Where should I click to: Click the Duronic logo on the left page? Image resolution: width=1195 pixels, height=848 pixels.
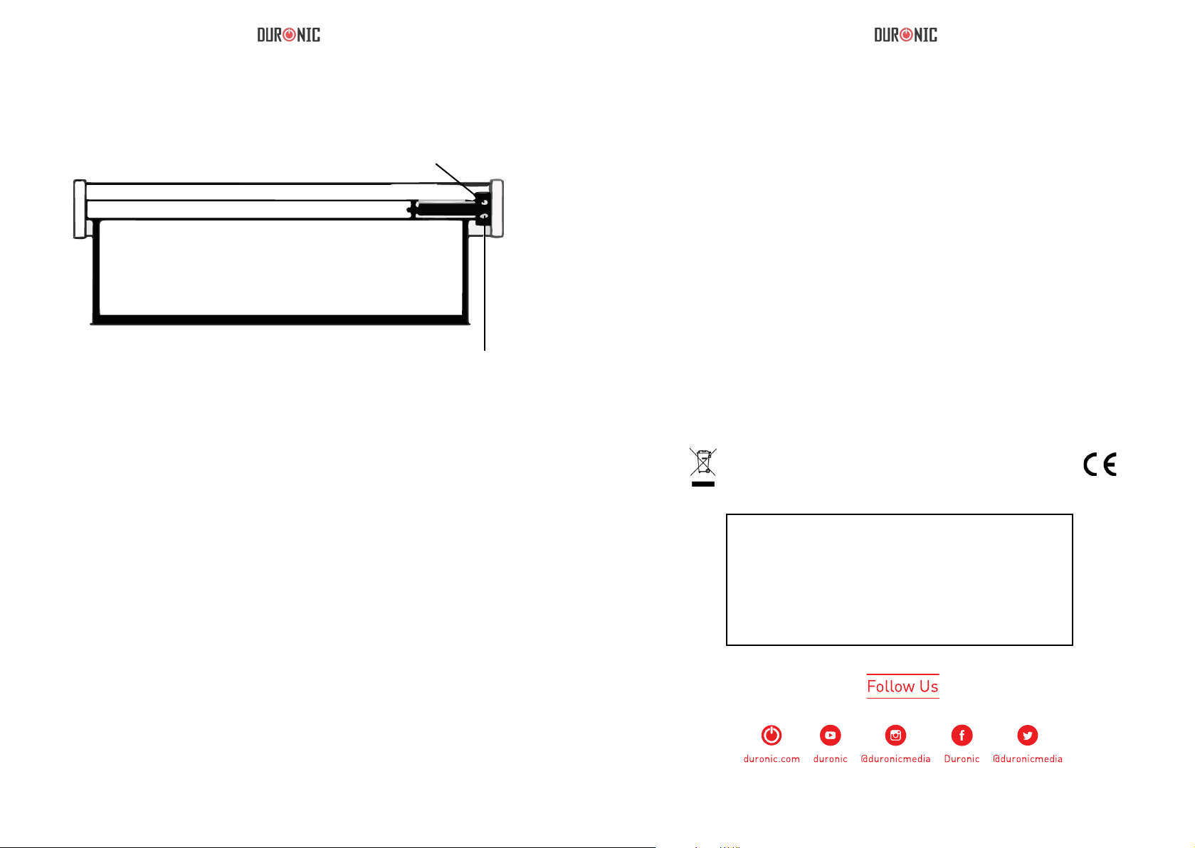tap(289, 35)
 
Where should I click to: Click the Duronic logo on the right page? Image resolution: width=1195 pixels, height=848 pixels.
tap(905, 35)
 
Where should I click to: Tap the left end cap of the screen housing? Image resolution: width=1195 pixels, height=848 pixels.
tap(80, 209)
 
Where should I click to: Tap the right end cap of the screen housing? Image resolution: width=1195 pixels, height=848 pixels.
tap(498, 208)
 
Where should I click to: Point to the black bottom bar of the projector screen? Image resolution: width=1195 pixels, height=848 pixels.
tap(280, 320)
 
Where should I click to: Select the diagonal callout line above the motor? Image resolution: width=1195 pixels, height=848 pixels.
tap(456, 180)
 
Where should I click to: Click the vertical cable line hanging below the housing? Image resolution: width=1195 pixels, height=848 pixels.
tap(485, 288)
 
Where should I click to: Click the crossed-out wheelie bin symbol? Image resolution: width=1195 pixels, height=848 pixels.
tap(703, 462)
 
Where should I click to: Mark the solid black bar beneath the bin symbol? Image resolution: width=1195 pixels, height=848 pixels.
tap(703, 484)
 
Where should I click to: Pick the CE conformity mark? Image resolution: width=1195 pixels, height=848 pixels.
tap(1100, 464)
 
